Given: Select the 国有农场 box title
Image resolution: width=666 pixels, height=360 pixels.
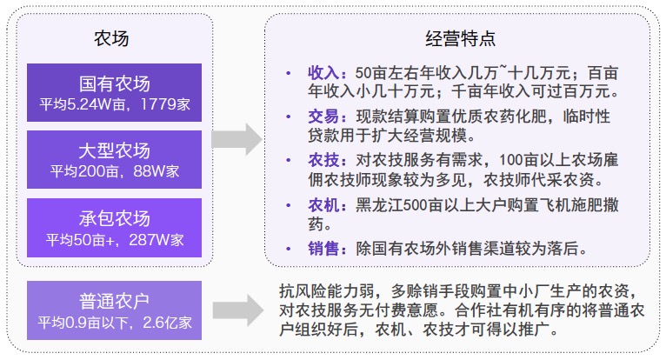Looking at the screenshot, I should [x=114, y=84].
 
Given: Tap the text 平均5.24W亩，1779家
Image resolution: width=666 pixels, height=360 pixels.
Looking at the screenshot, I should [x=114, y=104].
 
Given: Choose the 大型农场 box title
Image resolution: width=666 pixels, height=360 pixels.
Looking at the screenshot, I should [x=114, y=150].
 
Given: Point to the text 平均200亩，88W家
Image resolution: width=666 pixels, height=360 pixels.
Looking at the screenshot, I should [x=114, y=171].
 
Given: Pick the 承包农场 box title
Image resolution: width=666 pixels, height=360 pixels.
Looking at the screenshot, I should [x=114, y=217].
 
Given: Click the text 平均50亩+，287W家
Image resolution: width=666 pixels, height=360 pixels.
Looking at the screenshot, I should [x=114, y=238].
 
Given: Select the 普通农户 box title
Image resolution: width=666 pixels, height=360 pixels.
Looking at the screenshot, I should [x=114, y=301].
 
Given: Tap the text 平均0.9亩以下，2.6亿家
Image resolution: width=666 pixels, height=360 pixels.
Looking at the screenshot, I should [x=114, y=323].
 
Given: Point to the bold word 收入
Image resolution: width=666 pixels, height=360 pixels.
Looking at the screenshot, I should [x=322, y=72].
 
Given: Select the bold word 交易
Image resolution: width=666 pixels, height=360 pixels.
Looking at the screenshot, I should [x=322, y=117].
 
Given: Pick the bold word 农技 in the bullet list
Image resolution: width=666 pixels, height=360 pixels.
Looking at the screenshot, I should [x=322, y=161].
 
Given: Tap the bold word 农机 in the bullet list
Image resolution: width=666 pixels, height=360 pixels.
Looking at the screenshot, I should [x=322, y=205].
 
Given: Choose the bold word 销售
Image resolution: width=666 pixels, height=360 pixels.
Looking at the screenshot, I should [x=322, y=249].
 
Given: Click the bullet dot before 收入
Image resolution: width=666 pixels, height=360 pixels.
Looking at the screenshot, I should [x=287, y=72].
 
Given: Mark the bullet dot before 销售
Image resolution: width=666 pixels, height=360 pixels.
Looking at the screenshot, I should [x=287, y=249].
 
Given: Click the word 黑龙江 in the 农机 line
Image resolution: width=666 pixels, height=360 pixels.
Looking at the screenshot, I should [x=376, y=205].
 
